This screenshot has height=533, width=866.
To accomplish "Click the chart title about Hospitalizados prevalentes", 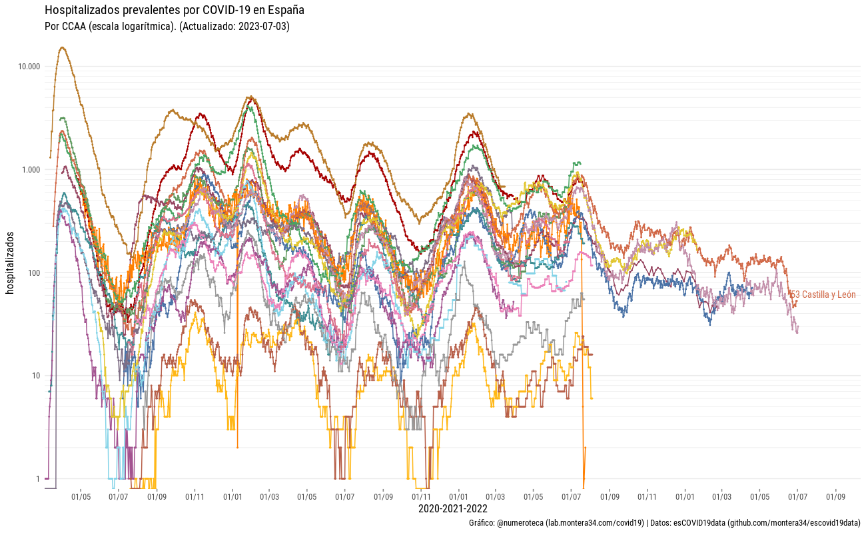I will click(x=174, y=11).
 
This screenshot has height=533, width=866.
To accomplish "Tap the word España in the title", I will click(x=286, y=11).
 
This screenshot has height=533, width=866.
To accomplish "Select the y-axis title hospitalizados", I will click(x=10, y=263).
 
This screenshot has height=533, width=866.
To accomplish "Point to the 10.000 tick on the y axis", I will click(x=29, y=67).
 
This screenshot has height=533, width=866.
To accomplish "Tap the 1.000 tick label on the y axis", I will click(x=31, y=170).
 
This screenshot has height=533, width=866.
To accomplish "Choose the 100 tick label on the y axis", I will click(x=34, y=273).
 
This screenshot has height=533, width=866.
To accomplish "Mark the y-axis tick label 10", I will click(x=36, y=376).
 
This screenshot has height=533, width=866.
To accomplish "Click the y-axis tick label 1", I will click(x=38, y=479).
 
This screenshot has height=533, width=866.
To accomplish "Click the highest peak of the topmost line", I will click(x=63, y=47).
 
